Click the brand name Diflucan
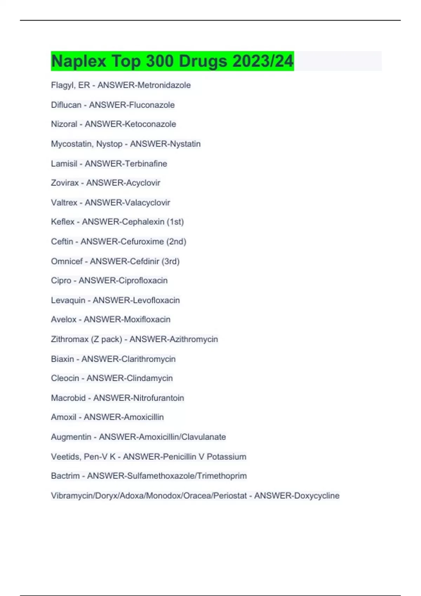point(66,105)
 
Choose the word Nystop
point(109,144)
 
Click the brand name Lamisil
point(64,164)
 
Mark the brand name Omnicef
point(67,262)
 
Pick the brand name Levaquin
point(68,300)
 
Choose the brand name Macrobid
point(68,398)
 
